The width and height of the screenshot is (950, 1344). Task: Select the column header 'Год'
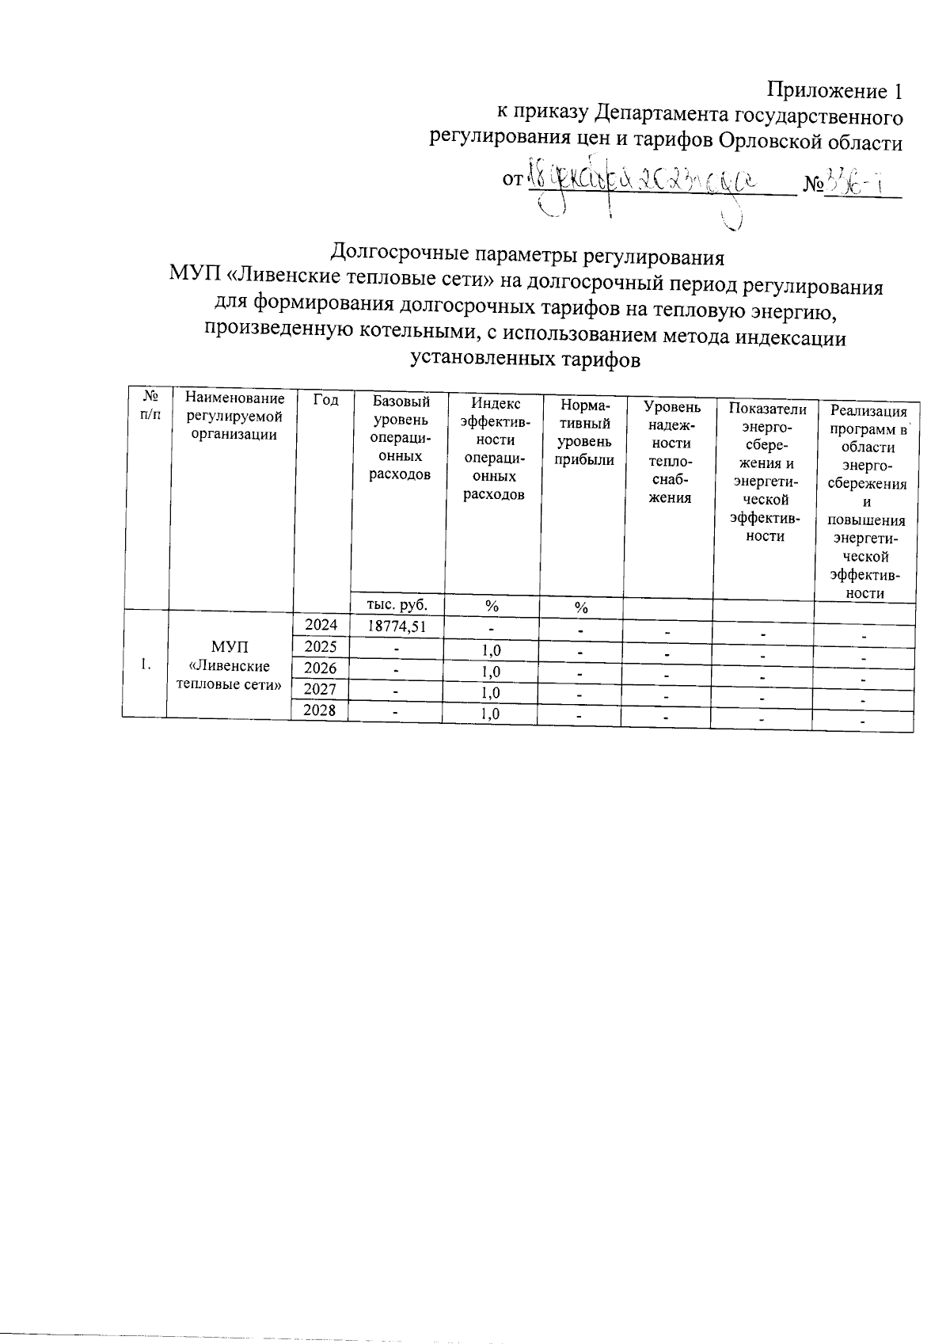tap(325, 401)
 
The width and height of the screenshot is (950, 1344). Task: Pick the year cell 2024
tap(321, 625)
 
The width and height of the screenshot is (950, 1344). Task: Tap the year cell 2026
tap(321, 668)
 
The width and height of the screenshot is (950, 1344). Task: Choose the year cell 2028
tap(320, 710)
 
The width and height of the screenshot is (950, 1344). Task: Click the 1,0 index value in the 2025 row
tap(491, 650)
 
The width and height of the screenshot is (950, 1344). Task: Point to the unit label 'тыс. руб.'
tap(397, 604)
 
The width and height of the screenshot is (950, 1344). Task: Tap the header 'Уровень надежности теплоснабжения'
tap(671, 452)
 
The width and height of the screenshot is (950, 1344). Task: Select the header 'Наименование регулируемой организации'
tap(230, 416)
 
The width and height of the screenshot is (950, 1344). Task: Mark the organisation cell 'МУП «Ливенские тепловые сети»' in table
tap(230, 665)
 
